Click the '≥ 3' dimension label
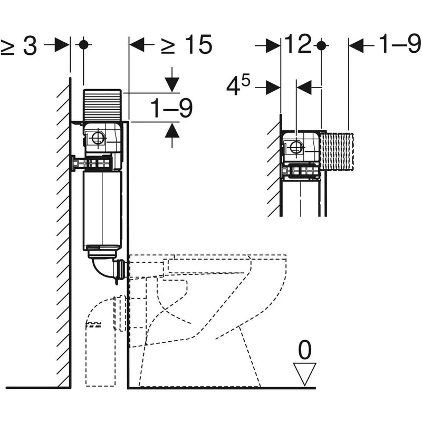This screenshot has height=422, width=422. click(19, 46)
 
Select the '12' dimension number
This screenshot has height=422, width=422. click(298, 45)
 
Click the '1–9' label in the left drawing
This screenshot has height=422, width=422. click(171, 109)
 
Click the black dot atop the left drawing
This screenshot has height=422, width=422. click(83, 45)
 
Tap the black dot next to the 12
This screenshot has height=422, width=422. click(321, 45)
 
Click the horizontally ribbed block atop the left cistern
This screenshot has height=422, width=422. click(103, 104)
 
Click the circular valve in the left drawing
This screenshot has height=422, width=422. click(98, 139)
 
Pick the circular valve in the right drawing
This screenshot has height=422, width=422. click(296, 147)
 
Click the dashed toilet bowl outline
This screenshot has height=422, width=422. click(211, 316)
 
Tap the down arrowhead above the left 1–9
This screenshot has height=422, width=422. click(171, 84)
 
